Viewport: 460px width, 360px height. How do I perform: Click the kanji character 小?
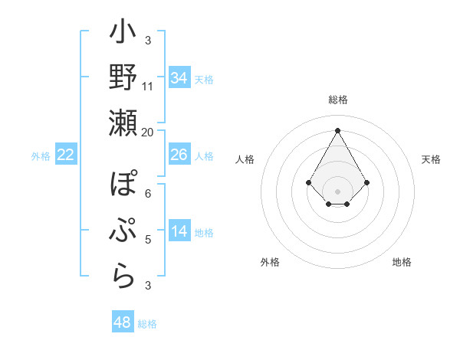click(x=123, y=34)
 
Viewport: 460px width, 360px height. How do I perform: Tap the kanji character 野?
click(x=123, y=78)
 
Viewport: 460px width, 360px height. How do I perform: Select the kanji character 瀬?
click(x=123, y=123)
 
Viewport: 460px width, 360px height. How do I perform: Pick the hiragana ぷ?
click(x=123, y=230)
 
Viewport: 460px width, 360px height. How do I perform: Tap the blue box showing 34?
click(x=179, y=78)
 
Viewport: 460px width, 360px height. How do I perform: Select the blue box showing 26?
click(x=179, y=155)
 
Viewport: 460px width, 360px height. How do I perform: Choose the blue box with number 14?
click(x=179, y=231)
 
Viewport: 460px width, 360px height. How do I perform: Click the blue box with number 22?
click(x=66, y=155)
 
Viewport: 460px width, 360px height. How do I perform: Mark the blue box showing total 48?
click(x=123, y=322)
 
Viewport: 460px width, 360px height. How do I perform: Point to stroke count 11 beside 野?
click(x=148, y=86)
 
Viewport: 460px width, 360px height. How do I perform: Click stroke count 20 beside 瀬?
click(x=148, y=132)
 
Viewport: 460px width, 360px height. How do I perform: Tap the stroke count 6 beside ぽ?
click(x=148, y=193)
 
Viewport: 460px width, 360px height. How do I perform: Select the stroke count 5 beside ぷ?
click(x=148, y=239)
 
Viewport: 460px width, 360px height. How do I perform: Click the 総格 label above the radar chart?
click(x=337, y=100)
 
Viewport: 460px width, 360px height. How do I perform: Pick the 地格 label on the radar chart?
click(x=402, y=262)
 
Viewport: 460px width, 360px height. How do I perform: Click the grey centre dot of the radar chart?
click(x=337, y=191)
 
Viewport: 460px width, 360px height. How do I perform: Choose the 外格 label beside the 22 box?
click(x=41, y=156)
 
